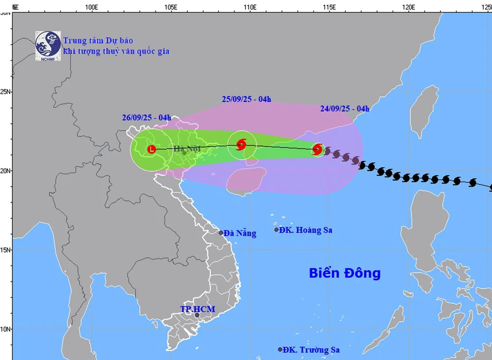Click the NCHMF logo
[x=48, y=46]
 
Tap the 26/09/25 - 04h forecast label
[x=147, y=118]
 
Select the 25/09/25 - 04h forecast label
[x=246, y=99]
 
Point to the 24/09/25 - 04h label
[x=344, y=109]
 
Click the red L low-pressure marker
[x=152, y=149]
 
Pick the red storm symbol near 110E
[x=241, y=145]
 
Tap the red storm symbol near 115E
[x=317, y=149]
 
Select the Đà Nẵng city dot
[x=220, y=233]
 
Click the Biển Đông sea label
[x=344, y=273]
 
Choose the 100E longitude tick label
[x=91, y=7]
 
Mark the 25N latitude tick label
[x=6, y=92]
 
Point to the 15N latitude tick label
[x=6, y=249]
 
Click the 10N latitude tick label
[x=6, y=329]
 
